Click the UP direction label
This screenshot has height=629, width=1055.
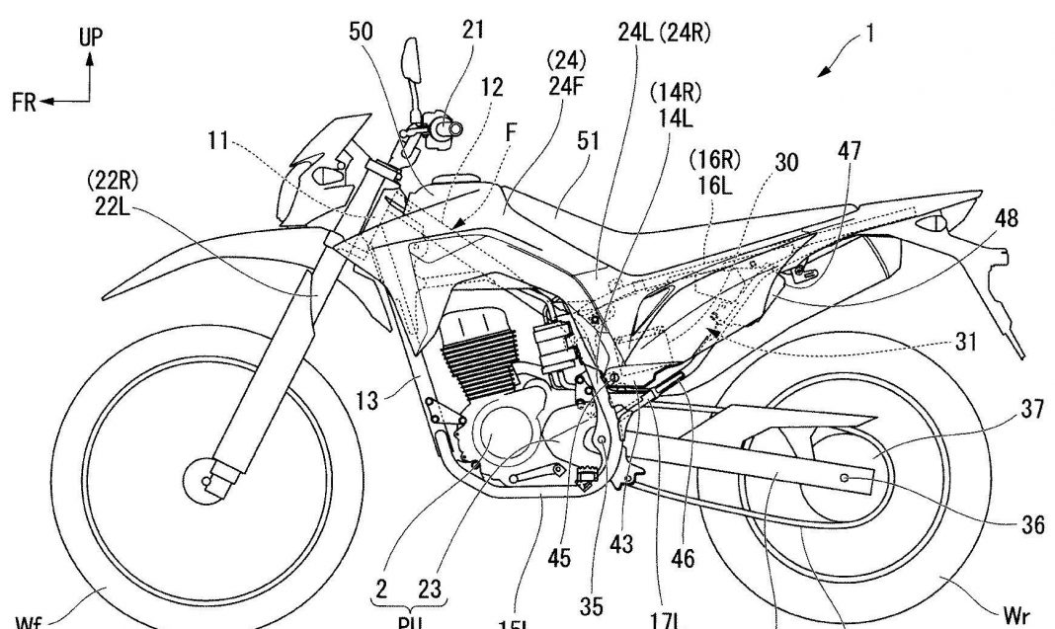(91, 39)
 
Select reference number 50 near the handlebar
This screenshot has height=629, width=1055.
(362, 31)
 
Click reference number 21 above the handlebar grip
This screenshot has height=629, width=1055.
(472, 31)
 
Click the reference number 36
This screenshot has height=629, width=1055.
(1031, 526)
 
